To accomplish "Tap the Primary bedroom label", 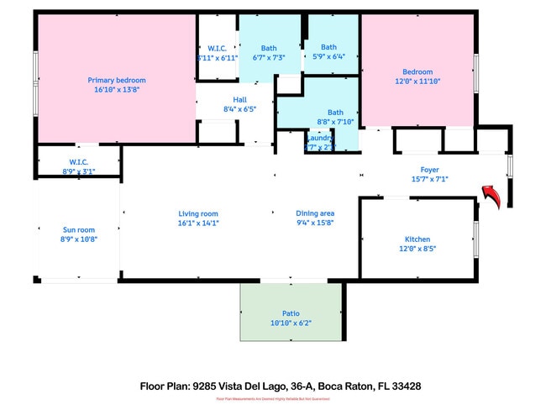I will [117, 80].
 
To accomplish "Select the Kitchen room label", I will [417, 239].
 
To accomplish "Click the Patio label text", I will [291, 313].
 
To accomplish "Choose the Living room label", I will [198, 213].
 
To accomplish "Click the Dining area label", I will [315, 213].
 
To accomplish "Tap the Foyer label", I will [430, 169].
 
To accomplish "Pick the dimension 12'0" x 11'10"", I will [417, 81].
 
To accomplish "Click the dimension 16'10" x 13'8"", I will [117, 89].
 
